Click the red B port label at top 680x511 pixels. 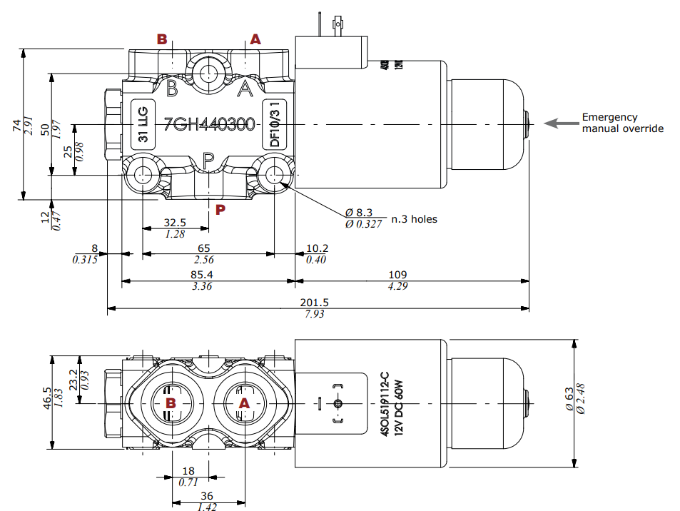[x=162, y=39]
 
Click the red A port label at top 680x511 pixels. [x=255, y=39]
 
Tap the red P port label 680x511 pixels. [x=220, y=209]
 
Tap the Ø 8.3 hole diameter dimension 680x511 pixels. [x=359, y=213]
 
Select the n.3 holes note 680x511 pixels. [x=414, y=219]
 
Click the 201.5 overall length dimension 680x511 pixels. [x=315, y=303]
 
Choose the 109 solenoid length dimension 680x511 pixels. [x=398, y=275]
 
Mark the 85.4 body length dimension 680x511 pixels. [x=202, y=275]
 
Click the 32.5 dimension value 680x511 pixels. [x=175, y=222]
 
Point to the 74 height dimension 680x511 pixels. [x=16, y=125]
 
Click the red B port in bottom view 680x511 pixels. [x=171, y=403]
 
